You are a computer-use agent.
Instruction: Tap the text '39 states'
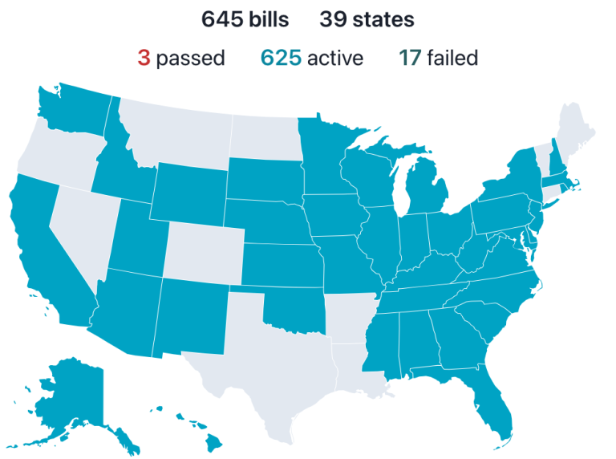[x=367, y=19]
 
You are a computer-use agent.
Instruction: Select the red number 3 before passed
[x=144, y=58]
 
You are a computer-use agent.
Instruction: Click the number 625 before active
[x=281, y=58]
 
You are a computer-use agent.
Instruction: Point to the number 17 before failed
[x=409, y=58]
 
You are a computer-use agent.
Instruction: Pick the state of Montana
[x=176, y=132]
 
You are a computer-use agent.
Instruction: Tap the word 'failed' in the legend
[x=452, y=58]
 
